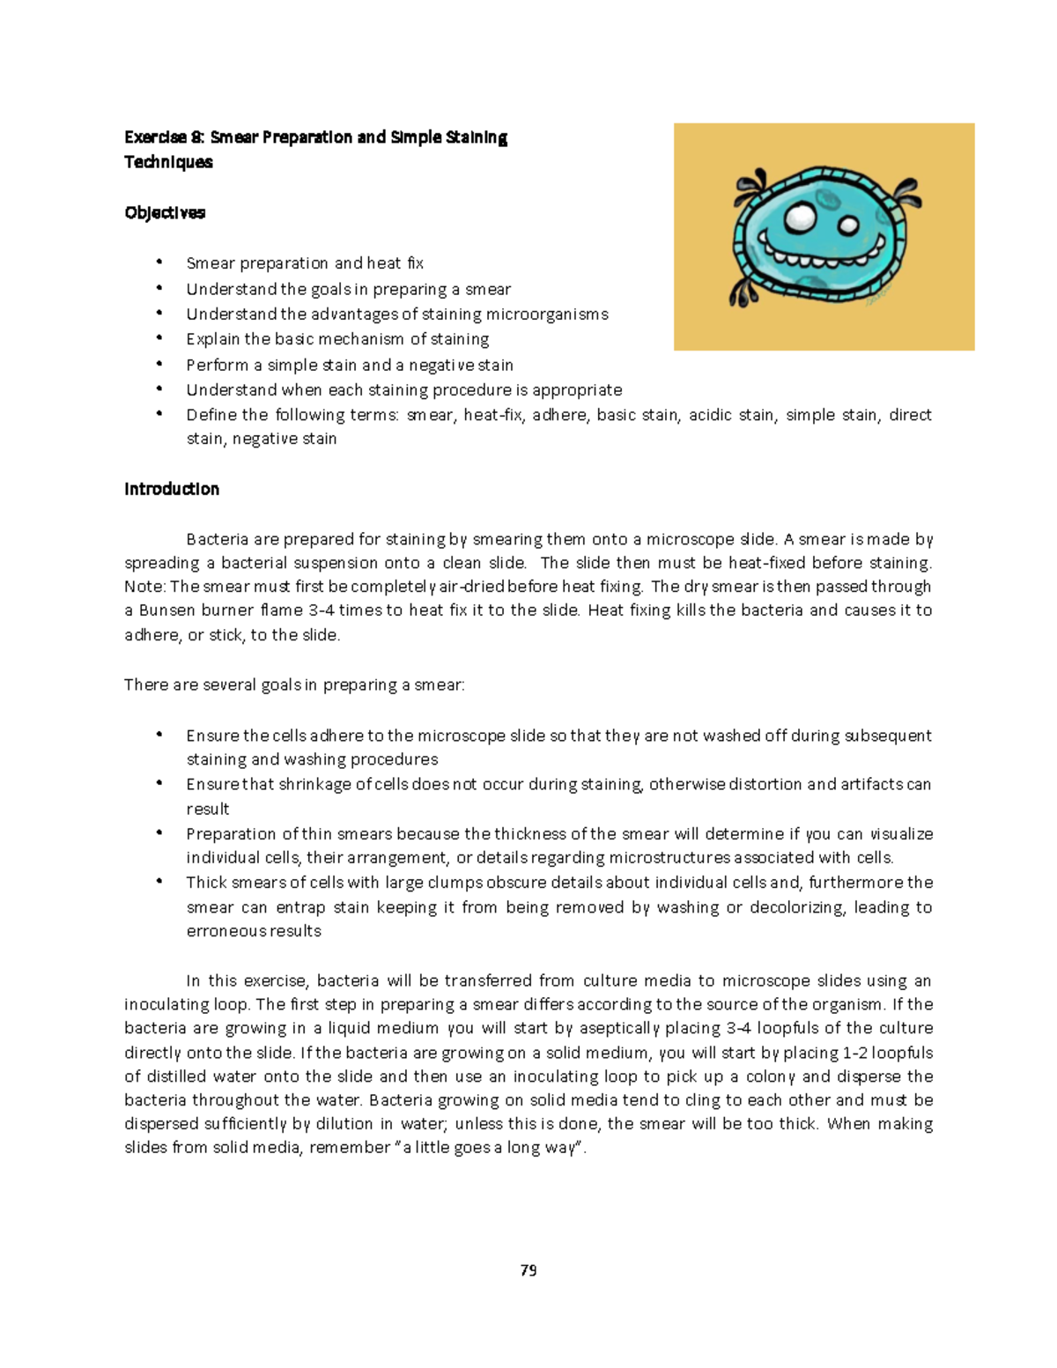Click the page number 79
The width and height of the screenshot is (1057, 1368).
click(x=528, y=1270)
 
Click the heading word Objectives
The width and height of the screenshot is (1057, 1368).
click(x=165, y=212)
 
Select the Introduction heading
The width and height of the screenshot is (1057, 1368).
click(x=172, y=489)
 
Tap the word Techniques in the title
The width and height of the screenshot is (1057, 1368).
click(x=168, y=162)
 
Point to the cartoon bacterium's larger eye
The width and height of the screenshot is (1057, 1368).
click(x=801, y=218)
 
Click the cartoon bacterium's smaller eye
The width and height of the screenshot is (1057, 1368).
click(x=848, y=226)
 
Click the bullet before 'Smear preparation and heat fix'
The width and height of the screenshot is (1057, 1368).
click(x=159, y=263)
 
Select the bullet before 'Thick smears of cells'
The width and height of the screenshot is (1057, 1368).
click(x=159, y=882)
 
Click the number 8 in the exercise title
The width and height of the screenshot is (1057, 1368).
click(x=196, y=137)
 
